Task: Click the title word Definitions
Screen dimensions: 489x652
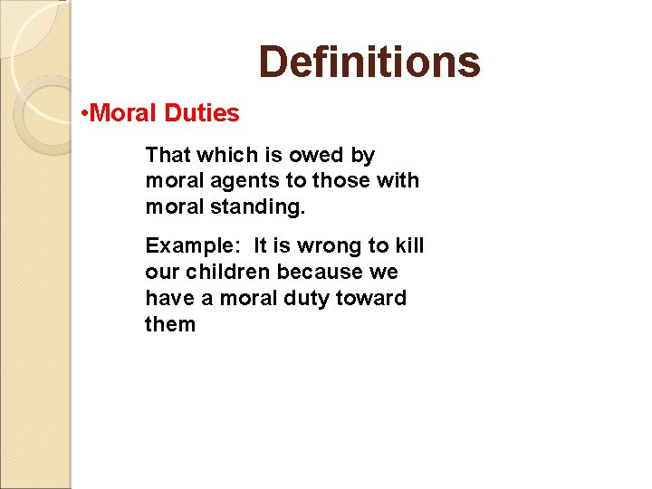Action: [x=369, y=62]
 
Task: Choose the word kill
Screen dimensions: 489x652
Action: [x=408, y=245]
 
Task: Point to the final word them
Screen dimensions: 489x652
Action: [x=169, y=324]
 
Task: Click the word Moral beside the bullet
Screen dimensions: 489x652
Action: [x=126, y=114]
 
